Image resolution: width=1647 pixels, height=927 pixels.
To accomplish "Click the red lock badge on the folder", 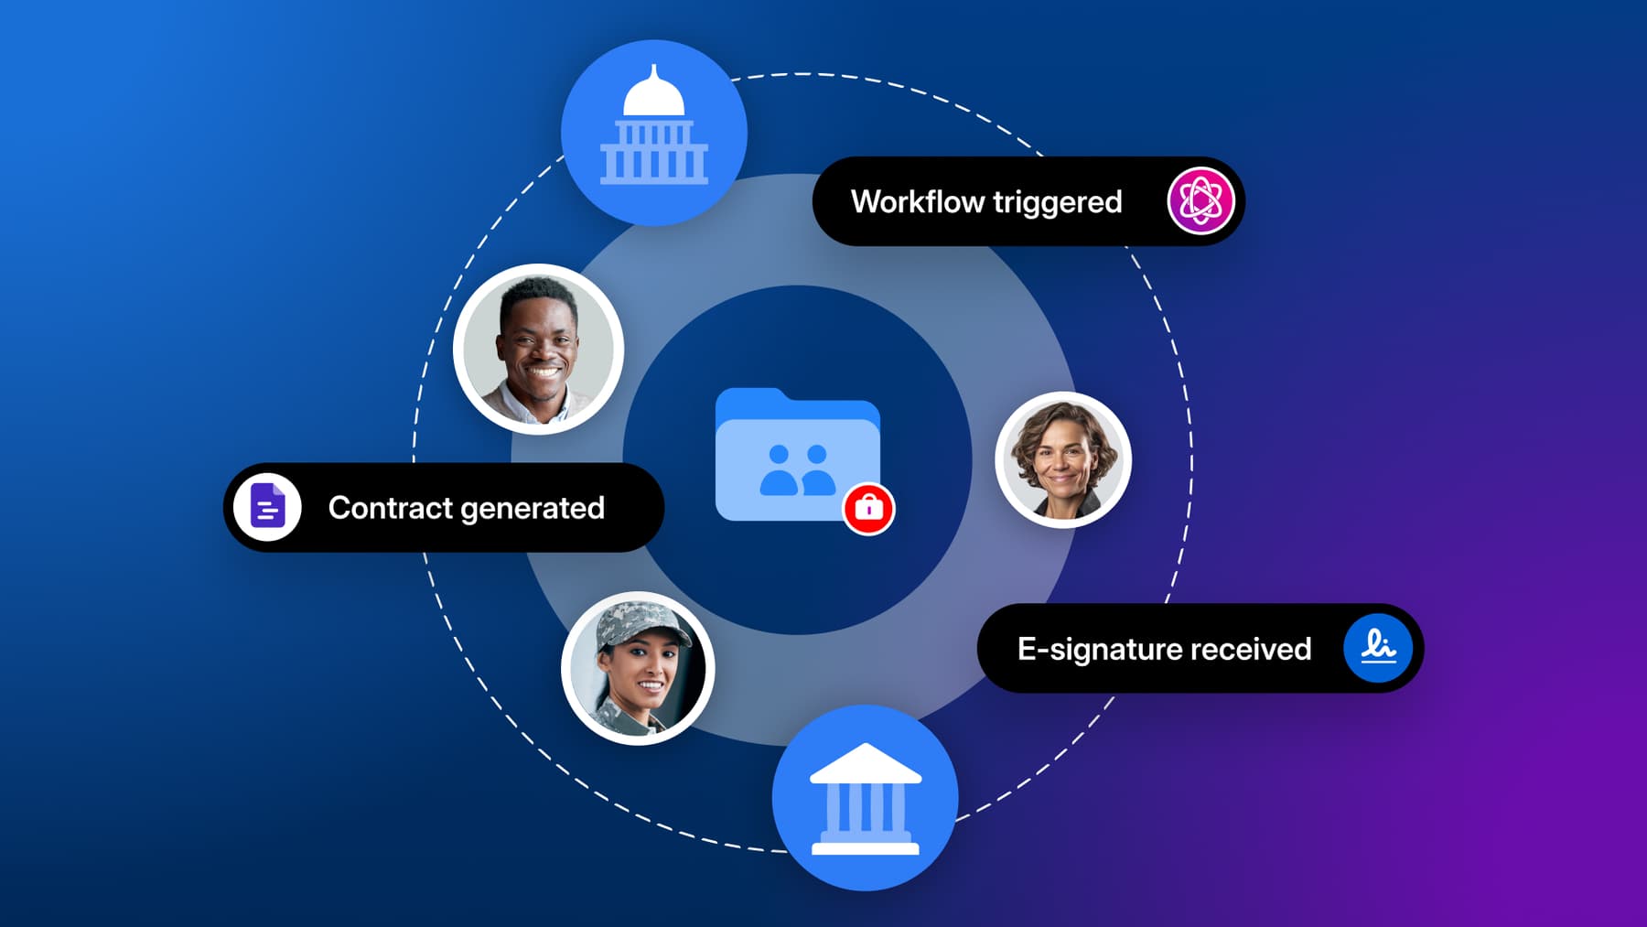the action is tap(868, 508).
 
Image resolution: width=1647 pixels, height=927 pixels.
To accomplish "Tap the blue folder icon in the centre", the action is tap(797, 455).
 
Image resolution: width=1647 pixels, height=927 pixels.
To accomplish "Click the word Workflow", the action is tap(918, 201).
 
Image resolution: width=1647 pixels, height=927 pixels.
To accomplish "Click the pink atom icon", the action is tap(1200, 201).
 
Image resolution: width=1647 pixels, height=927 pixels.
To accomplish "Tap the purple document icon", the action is tap(267, 507).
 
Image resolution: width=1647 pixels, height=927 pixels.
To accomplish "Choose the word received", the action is tap(1251, 650).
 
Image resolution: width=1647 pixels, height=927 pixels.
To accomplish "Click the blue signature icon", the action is tap(1378, 647).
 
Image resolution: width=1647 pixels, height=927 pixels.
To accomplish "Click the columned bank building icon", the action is tap(866, 798).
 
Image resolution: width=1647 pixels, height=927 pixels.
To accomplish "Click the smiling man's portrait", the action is tap(538, 349).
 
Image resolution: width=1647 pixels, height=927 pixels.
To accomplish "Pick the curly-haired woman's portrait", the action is tap(1063, 459).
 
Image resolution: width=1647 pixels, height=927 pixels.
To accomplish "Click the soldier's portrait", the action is tap(638, 668).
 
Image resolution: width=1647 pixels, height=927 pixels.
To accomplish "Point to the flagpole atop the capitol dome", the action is tap(654, 71).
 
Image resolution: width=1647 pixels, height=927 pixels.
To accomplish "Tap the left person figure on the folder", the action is tap(779, 470).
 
